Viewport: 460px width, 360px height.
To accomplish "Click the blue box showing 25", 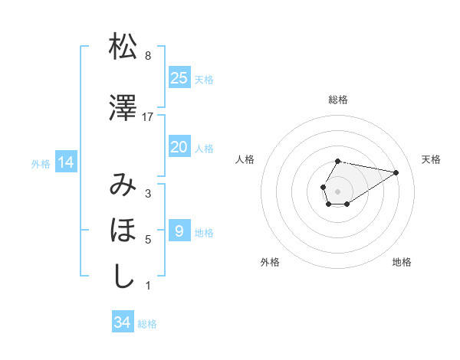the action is [x=179, y=78].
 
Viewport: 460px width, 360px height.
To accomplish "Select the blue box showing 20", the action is [x=179, y=147].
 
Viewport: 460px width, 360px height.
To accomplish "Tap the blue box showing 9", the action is [x=179, y=231].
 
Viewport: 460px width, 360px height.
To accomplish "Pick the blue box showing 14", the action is [x=65, y=162].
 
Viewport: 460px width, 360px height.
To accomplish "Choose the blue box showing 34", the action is [x=122, y=322].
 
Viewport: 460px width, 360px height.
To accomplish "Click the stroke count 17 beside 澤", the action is [x=148, y=116].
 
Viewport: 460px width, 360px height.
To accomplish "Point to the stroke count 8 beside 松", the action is [x=148, y=56].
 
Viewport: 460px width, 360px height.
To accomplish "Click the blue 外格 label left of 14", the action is [x=41, y=163].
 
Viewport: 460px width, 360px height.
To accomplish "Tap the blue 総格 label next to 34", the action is [x=147, y=324].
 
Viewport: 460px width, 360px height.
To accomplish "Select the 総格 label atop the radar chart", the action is [x=338, y=100].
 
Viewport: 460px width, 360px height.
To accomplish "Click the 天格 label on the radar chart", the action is [x=431, y=159].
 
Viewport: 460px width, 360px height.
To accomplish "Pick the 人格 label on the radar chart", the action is [x=245, y=159].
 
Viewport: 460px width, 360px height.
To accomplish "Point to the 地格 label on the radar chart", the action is [x=402, y=262].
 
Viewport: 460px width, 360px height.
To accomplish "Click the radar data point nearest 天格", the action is [x=397, y=172].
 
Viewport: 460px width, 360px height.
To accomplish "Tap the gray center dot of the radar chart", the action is [x=338, y=191].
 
